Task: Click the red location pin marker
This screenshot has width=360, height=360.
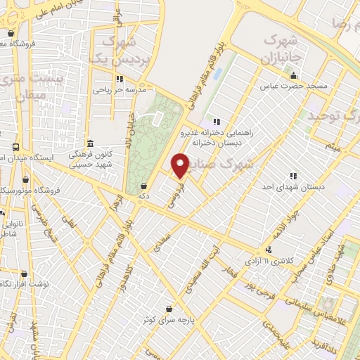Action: coord(180,165)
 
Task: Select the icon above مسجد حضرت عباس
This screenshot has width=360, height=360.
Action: coord(295,76)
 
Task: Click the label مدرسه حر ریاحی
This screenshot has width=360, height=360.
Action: coord(119,90)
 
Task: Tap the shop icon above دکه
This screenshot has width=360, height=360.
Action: coord(143,186)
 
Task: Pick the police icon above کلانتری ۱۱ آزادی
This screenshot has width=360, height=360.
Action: coord(268,250)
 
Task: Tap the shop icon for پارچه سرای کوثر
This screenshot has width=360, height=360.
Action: coord(169,309)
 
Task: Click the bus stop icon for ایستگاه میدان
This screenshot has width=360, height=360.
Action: coord(15,148)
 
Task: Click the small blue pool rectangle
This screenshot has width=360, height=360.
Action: coord(215,73)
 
